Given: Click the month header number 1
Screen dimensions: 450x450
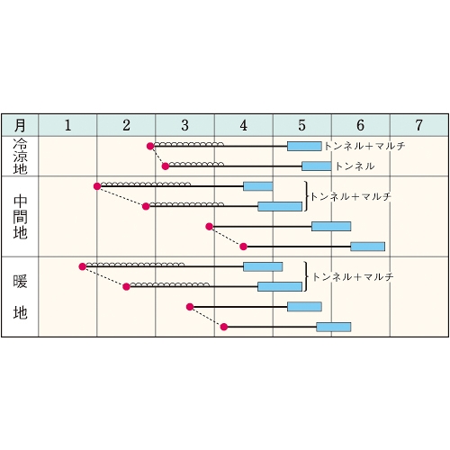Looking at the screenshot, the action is tap(67, 125).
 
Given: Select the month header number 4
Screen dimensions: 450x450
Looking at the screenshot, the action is tap(243, 125).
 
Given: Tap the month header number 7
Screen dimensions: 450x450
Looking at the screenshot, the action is tap(418, 125).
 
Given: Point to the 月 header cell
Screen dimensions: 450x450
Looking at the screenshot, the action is tap(20, 125).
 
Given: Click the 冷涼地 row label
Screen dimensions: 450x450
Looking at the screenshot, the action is tap(20, 157).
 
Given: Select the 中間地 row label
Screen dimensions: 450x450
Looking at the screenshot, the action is tap(20, 217).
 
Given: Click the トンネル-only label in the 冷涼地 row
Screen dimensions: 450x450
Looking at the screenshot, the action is tap(355, 166).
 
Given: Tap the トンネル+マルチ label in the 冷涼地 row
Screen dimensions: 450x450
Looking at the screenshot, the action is tap(364, 146).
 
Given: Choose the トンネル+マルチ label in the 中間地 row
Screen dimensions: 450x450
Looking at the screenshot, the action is tap(350, 197).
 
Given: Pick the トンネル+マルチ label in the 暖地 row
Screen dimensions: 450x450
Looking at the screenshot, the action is tap(353, 277).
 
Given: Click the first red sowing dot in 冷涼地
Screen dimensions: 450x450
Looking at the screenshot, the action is tap(150, 147).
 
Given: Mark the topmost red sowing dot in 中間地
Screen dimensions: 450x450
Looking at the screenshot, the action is tap(97, 186).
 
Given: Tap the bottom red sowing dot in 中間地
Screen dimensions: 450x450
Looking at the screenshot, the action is tap(243, 247).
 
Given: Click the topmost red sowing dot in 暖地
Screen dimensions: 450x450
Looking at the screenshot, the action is tap(82, 266).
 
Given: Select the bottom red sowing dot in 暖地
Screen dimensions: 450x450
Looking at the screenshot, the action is tap(224, 327).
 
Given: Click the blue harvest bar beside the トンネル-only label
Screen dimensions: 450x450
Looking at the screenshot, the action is tap(317, 166).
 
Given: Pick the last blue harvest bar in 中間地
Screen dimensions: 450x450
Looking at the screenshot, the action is tap(367, 247).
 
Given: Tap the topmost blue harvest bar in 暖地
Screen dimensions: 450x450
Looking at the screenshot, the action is tap(263, 266).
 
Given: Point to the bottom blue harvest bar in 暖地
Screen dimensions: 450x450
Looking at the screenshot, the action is tap(334, 327).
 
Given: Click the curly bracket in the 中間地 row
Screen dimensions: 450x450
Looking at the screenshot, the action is tap(306, 196).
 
